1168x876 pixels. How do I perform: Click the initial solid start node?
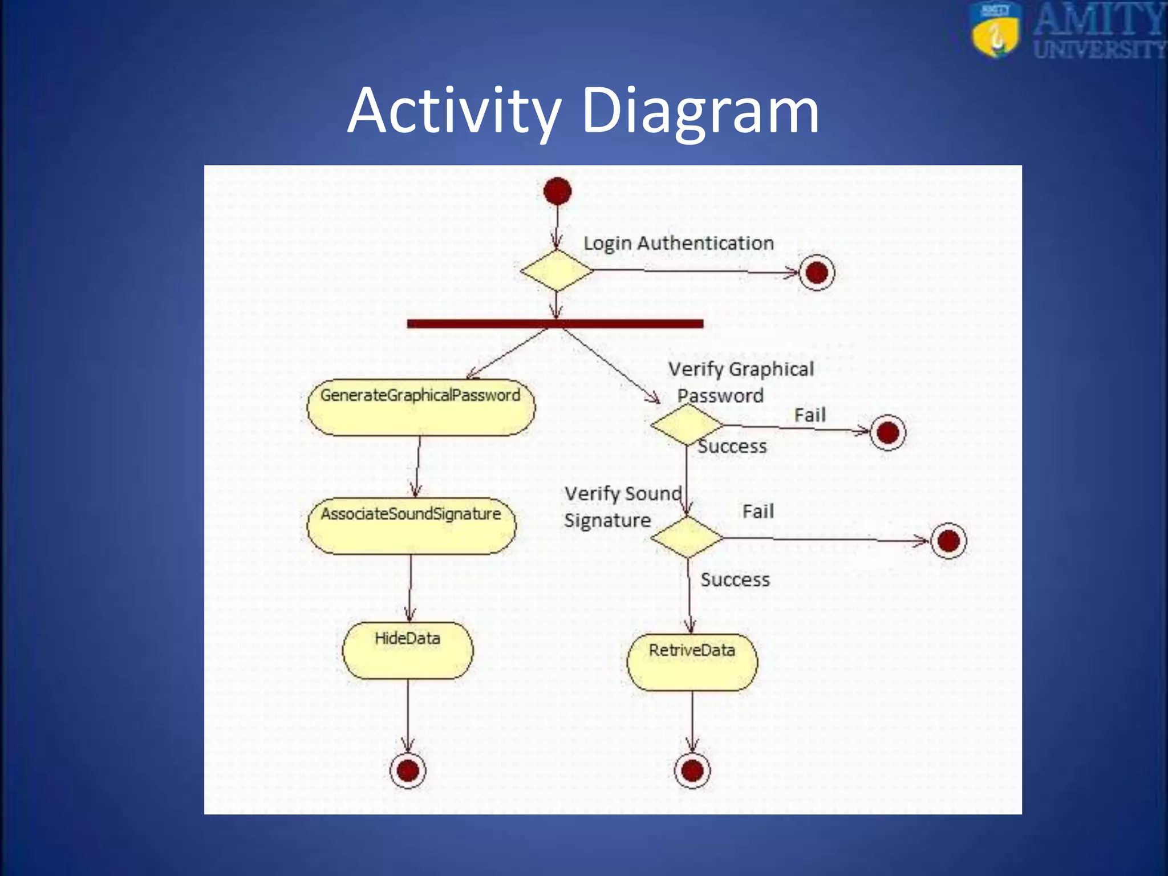point(557,191)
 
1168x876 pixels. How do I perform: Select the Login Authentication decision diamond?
point(557,270)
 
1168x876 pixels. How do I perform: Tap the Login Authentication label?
point(678,243)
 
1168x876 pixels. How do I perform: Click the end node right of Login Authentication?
point(817,273)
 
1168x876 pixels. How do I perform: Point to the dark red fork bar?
point(555,324)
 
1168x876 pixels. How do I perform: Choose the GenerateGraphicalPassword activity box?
point(421,407)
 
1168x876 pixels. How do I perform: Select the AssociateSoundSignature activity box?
point(411,526)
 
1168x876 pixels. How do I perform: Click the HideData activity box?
point(408,650)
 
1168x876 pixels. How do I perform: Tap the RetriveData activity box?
point(692,662)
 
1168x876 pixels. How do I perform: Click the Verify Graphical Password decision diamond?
point(687,425)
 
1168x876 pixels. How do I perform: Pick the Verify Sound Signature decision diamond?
point(687,537)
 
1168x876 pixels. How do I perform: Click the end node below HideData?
point(408,770)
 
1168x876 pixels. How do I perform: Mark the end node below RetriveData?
point(692,770)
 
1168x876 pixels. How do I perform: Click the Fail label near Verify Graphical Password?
point(809,415)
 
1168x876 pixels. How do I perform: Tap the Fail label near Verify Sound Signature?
point(758,511)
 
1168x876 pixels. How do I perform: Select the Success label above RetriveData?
point(735,579)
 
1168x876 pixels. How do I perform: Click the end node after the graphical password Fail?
point(888,432)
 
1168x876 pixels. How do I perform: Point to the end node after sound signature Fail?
point(948,540)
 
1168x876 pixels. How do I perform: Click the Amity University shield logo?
point(995,30)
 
